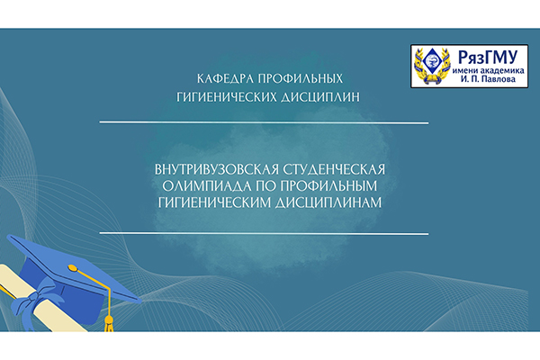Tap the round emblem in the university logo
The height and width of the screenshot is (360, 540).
click(430, 67)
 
